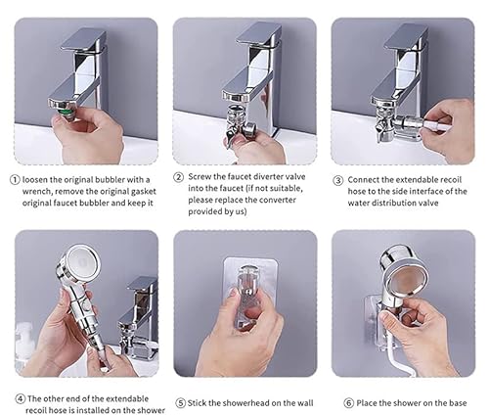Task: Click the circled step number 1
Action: [x=14, y=179]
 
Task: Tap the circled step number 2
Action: [x=179, y=177]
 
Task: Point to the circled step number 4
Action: [x=20, y=398]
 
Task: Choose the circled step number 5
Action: [x=180, y=401]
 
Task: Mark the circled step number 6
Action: [x=348, y=401]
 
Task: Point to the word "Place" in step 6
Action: [x=370, y=401]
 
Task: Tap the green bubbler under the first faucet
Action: [x=62, y=103]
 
